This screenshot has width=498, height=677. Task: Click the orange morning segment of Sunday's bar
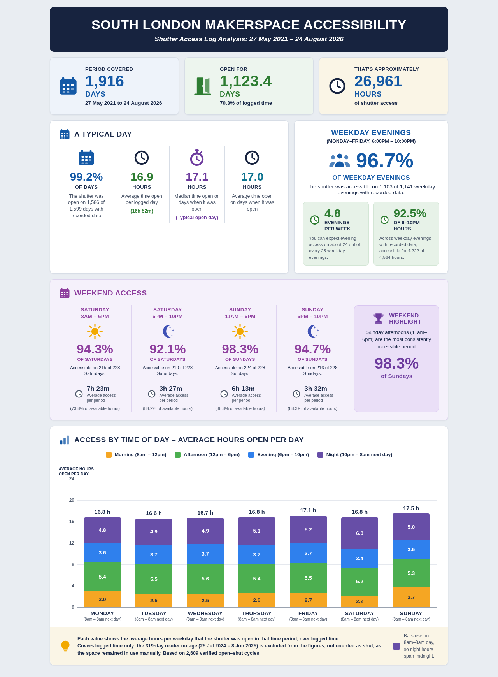[x=411, y=597]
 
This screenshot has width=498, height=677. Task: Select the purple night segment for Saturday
[x=359, y=533]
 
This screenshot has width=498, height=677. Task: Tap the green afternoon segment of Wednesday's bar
[x=205, y=579]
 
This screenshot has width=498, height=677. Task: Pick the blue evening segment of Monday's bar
[x=102, y=552]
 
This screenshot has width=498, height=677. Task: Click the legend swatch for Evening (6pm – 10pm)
[x=251, y=455]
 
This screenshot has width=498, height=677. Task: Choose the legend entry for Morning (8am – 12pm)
[x=136, y=455]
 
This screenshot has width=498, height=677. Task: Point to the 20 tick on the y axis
[x=72, y=500]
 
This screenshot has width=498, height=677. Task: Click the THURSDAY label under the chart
[x=257, y=613]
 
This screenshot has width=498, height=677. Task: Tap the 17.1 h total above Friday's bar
[x=308, y=510]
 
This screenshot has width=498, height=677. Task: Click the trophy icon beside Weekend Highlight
[x=379, y=318]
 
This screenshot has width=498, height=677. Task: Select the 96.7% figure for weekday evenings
[x=384, y=160]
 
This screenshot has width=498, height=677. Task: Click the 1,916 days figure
[x=105, y=81]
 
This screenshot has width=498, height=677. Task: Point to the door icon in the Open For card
[x=203, y=86]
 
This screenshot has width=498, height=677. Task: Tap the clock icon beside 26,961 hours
[x=337, y=86]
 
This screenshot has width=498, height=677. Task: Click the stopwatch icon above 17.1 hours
[x=197, y=158]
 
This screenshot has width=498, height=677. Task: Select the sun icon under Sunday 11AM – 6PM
[x=240, y=331]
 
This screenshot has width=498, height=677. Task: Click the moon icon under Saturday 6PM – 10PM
[x=168, y=331]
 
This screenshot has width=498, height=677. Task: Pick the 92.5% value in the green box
[x=410, y=213]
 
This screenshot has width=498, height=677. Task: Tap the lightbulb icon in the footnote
[x=65, y=646]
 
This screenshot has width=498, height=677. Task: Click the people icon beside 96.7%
[x=340, y=160]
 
